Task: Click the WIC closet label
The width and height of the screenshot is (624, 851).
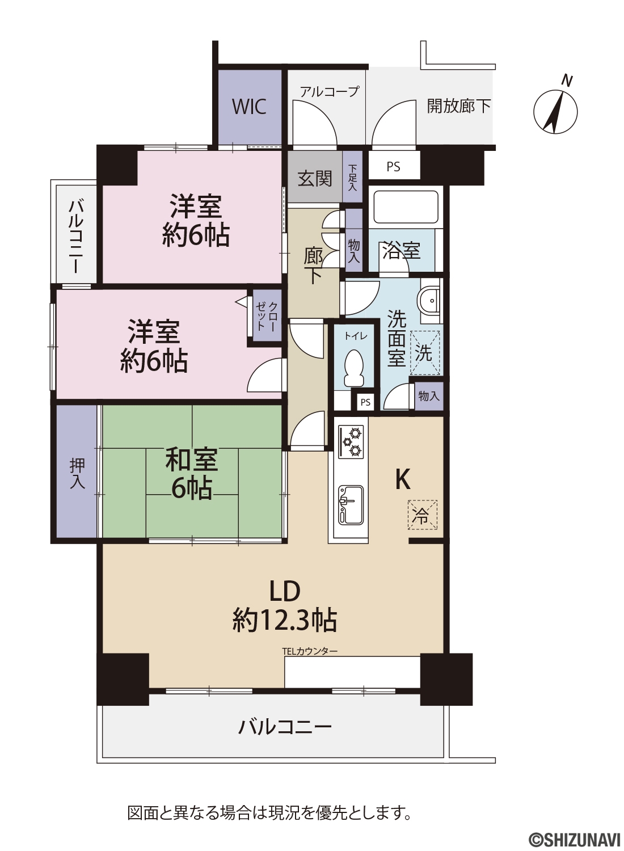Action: coord(249,107)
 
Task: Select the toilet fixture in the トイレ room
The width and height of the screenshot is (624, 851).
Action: coord(353,368)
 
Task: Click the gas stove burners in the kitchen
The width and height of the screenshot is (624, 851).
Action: coord(351,441)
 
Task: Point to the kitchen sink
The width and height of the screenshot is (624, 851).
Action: coord(351,505)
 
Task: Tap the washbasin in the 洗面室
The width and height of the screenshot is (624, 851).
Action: coord(431,301)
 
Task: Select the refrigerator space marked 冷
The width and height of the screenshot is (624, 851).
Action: coord(423,515)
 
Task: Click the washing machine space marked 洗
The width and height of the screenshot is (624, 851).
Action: coord(424,353)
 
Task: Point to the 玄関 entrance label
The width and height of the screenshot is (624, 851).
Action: coord(314,179)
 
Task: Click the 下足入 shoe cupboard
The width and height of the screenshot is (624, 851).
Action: coord(352,177)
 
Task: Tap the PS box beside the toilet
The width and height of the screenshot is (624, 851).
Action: coord(365,402)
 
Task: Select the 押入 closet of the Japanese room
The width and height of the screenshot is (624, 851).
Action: coord(77,471)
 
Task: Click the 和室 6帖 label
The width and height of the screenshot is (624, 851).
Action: coord(191,473)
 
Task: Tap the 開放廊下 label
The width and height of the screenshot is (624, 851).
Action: coord(459,106)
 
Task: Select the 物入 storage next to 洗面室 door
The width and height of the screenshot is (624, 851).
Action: coord(429,397)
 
